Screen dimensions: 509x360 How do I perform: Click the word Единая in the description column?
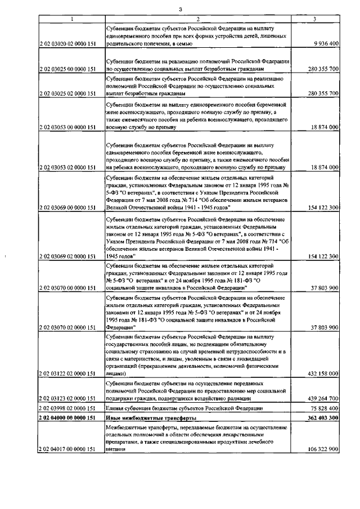(115, 408)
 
